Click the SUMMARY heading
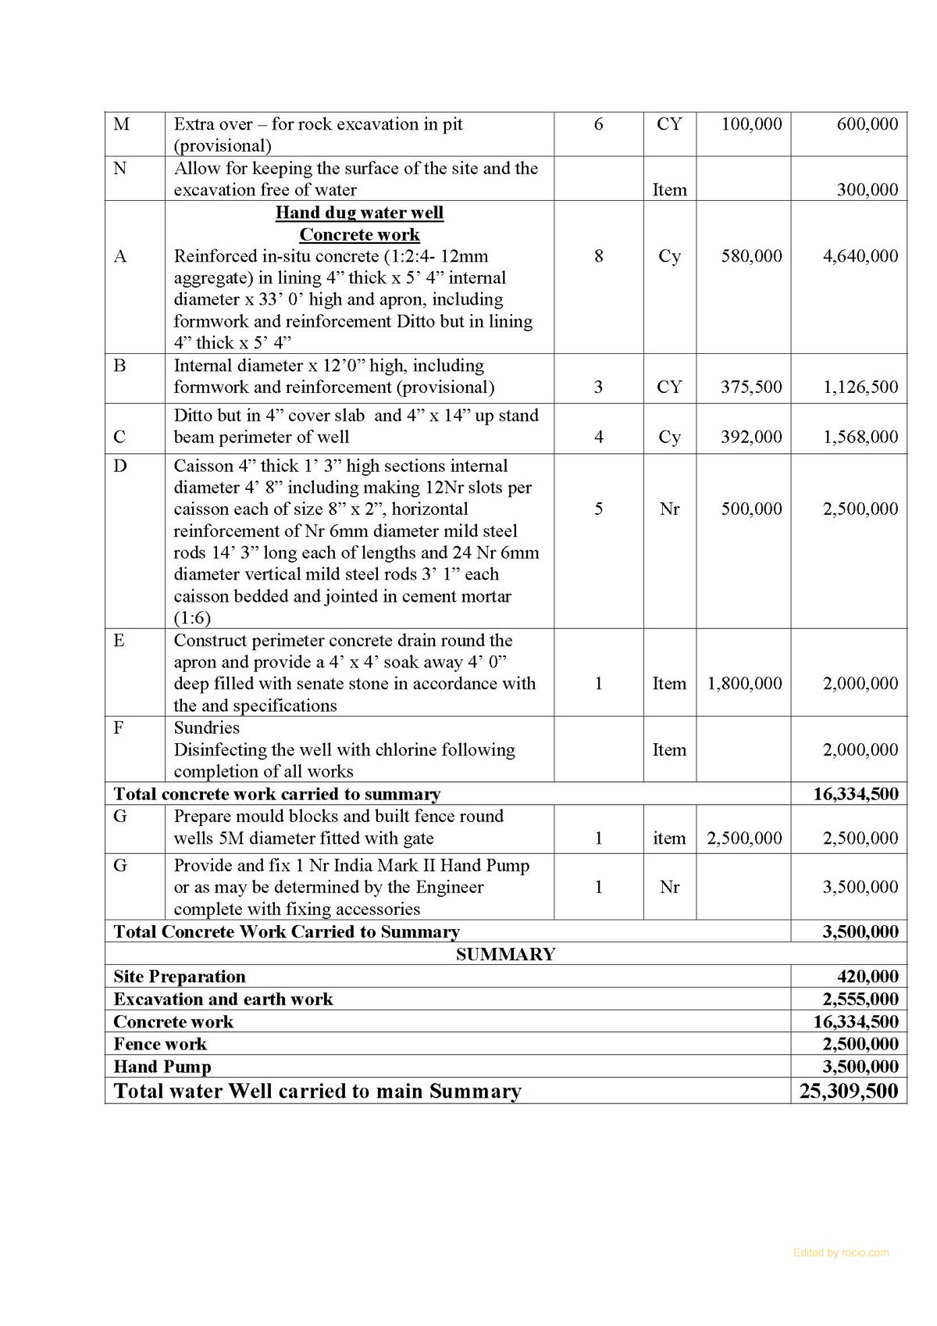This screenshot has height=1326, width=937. pos(505,954)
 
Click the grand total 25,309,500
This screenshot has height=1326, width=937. pos(848,1092)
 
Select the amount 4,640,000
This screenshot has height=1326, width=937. pos(860,256)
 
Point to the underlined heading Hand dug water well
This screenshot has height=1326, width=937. pos(359,213)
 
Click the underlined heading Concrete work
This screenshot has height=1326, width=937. pos(359,234)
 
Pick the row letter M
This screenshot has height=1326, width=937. pos(122,124)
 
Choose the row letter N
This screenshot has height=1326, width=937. pos(120,168)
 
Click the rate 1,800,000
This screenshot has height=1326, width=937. pos(744,684)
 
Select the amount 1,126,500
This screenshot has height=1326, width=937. pos(860,387)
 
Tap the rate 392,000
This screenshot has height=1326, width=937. pos(751,437)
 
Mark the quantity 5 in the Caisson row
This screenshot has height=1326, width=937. pos(598,509)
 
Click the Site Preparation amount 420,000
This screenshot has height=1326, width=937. pos(868,977)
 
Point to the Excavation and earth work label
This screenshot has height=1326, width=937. pos(223,999)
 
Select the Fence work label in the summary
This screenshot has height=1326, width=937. pos(160,1044)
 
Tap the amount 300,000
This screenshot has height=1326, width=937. pos(868,190)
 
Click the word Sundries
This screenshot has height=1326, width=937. pos(206,727)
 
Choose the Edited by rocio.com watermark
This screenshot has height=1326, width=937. pos(840,1253)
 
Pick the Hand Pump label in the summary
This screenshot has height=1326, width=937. pos(162,1067)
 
